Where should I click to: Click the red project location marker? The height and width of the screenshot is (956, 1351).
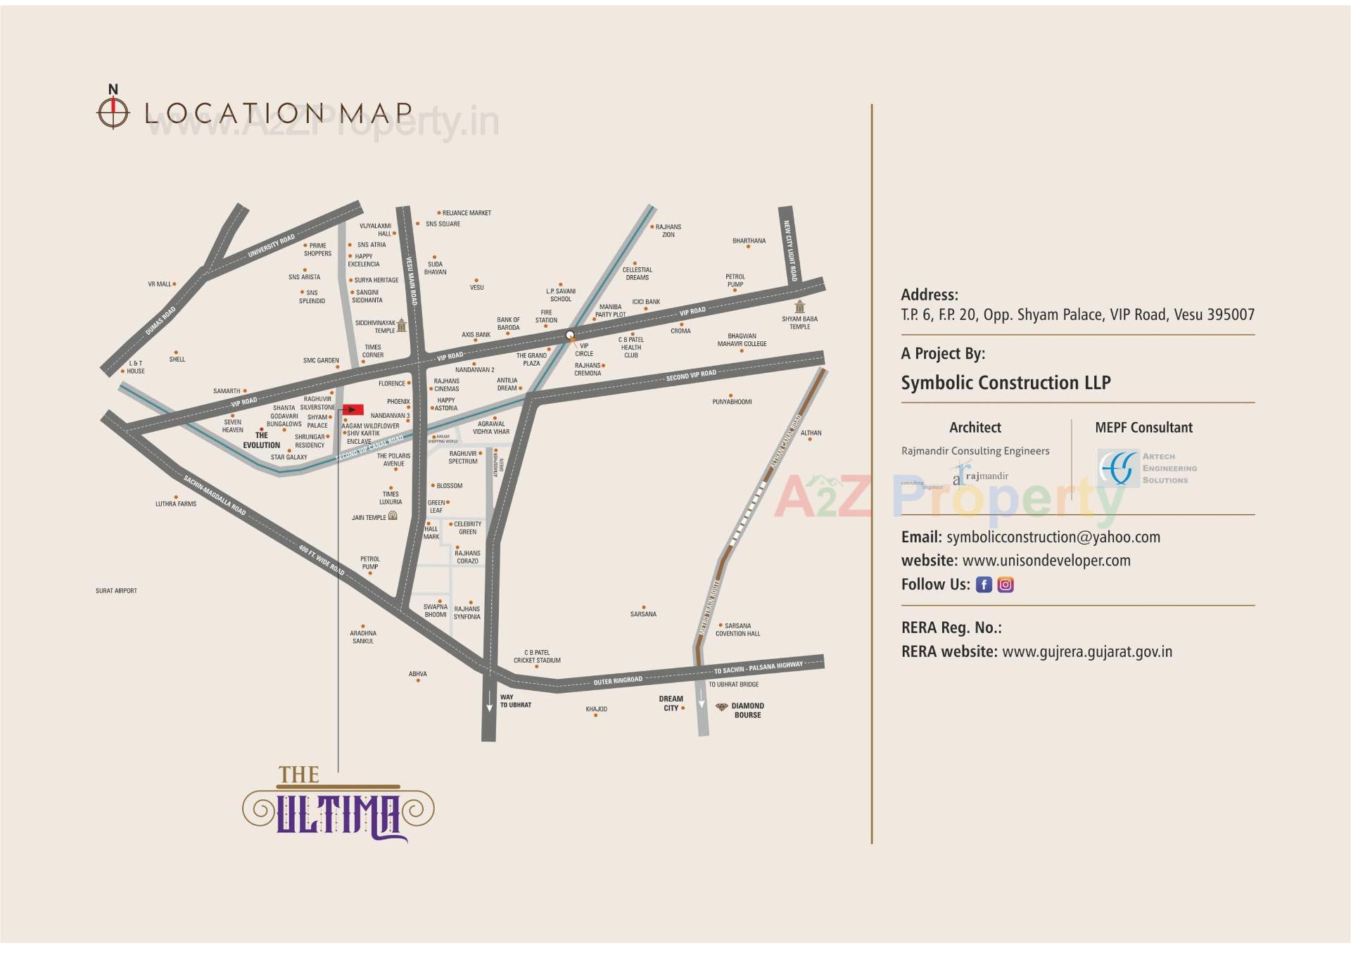click(353, 409)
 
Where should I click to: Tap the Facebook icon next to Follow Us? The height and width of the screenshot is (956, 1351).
click(984, 585)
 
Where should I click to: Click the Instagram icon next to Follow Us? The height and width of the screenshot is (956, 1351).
click(1006, 585)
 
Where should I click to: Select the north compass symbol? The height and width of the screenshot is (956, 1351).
click(113, 111)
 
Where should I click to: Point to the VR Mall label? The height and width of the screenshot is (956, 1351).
click(160, 284)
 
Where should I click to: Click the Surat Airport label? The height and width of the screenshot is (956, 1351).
click(116, 591)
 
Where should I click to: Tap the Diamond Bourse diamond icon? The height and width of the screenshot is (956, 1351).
click(721, 707)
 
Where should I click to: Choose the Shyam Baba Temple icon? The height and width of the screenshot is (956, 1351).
click(799, 307)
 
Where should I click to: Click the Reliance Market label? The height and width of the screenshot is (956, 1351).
click(466, 213)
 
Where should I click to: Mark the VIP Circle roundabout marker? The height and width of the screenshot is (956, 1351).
click(570, 335)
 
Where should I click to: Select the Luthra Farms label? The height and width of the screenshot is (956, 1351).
click(176, 504)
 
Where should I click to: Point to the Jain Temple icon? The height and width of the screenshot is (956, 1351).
click(393, 516)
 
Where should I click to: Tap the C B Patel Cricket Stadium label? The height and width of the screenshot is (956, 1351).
click(537, 656)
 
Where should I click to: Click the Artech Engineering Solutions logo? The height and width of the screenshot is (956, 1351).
click(1147, 468)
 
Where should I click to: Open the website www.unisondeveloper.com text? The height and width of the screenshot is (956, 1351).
click(1046, 561)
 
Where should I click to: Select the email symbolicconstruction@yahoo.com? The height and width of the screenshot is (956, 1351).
click(1053, 537)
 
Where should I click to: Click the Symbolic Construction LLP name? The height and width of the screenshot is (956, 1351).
click(1006, 383)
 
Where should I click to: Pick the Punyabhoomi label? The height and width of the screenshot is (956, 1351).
click(732, 402)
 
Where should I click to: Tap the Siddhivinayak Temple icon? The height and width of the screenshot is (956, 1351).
click(401, 325)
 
